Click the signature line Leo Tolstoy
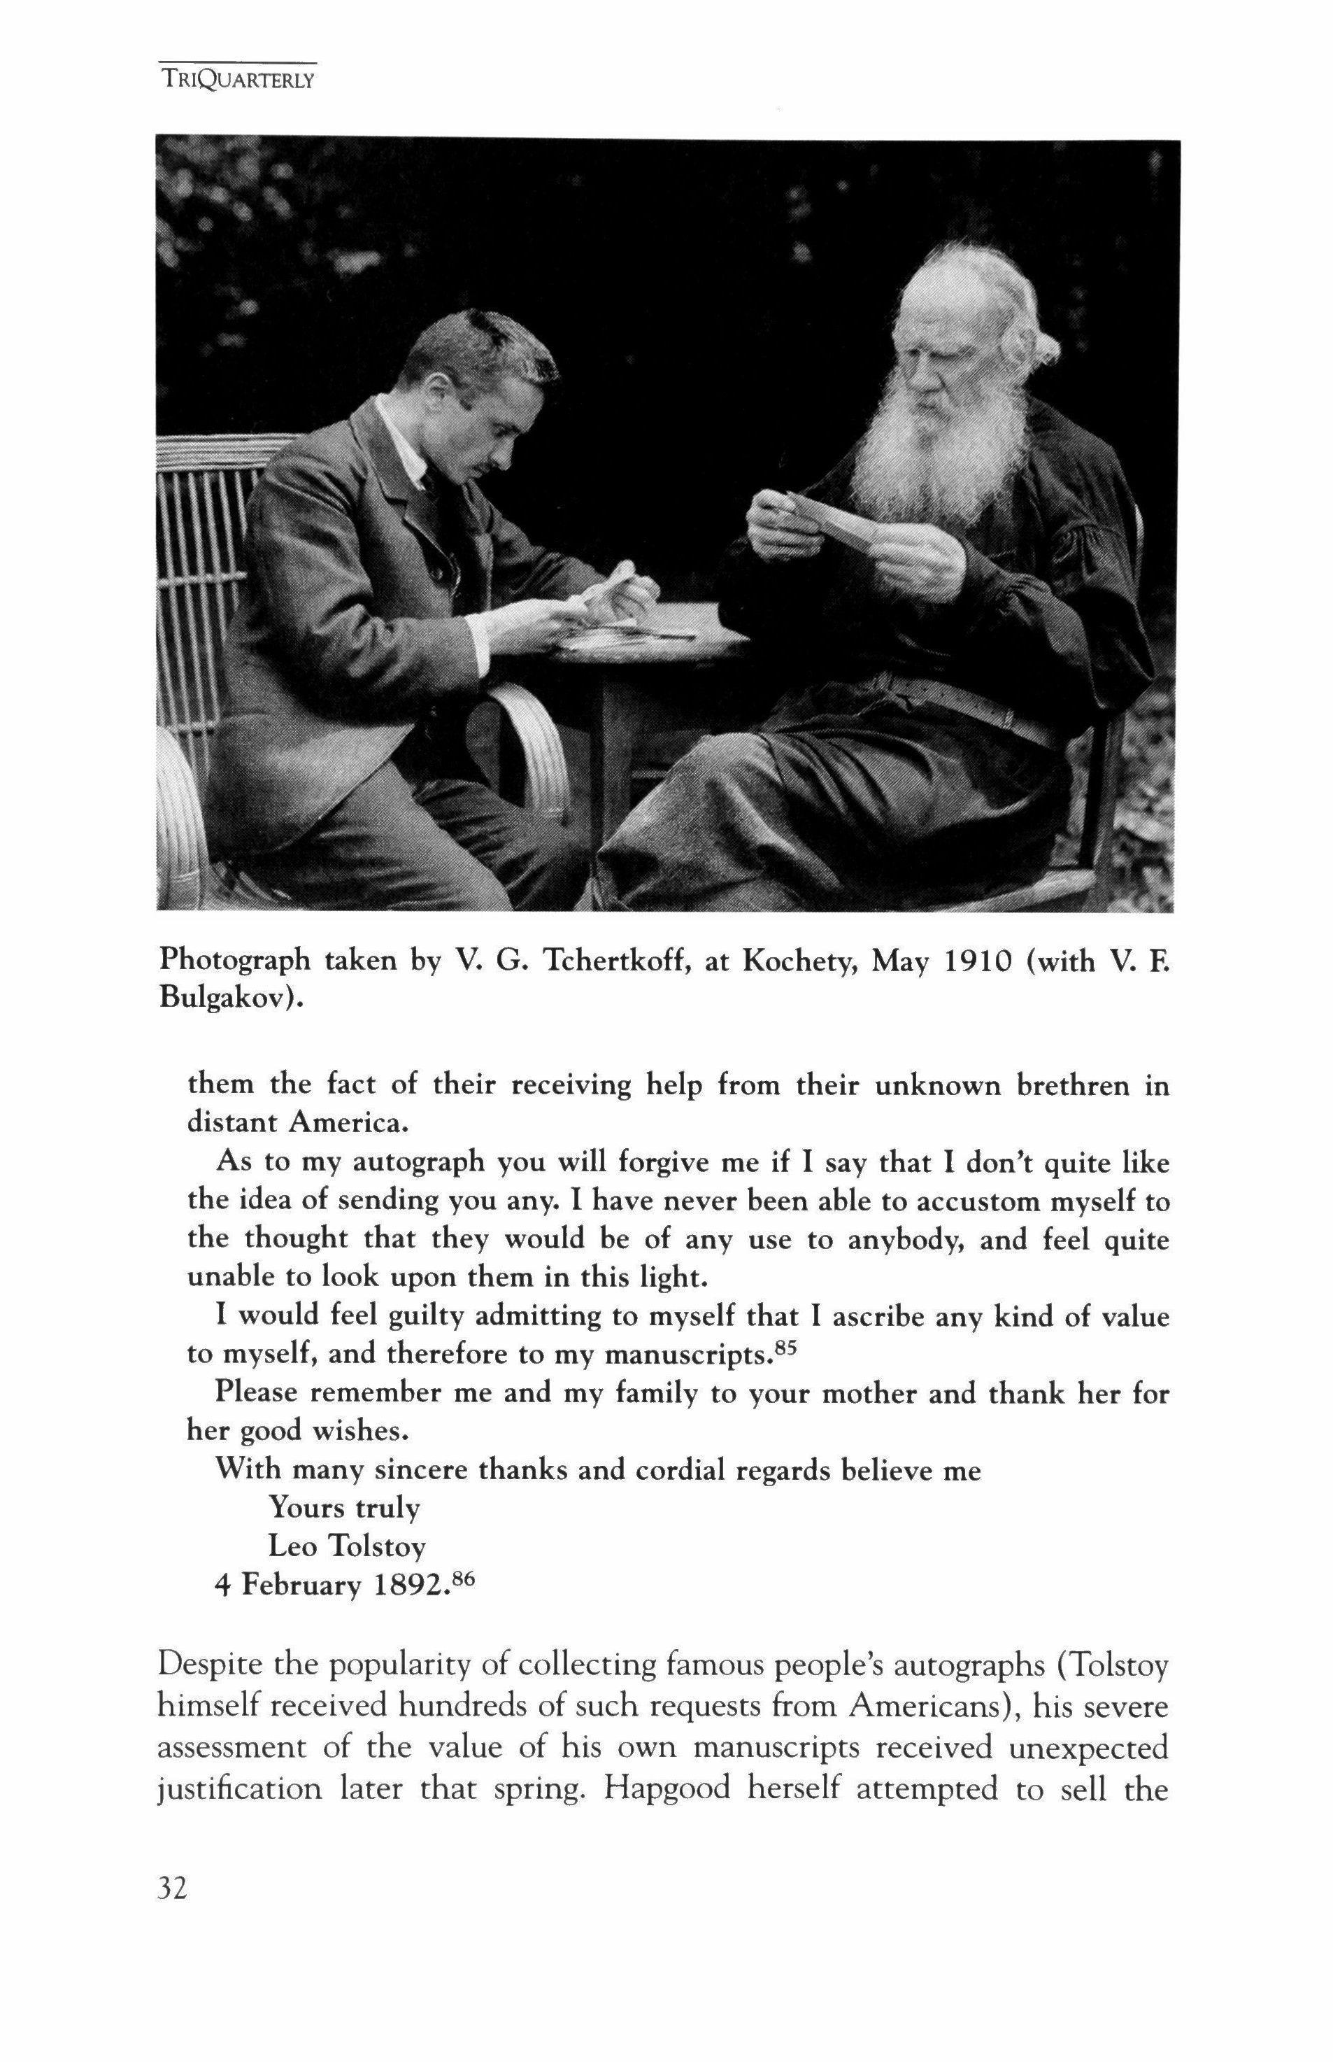pyautogui.click(x=346, y=1546)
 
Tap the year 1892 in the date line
pyautogui.click(x=411, y=1585)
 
